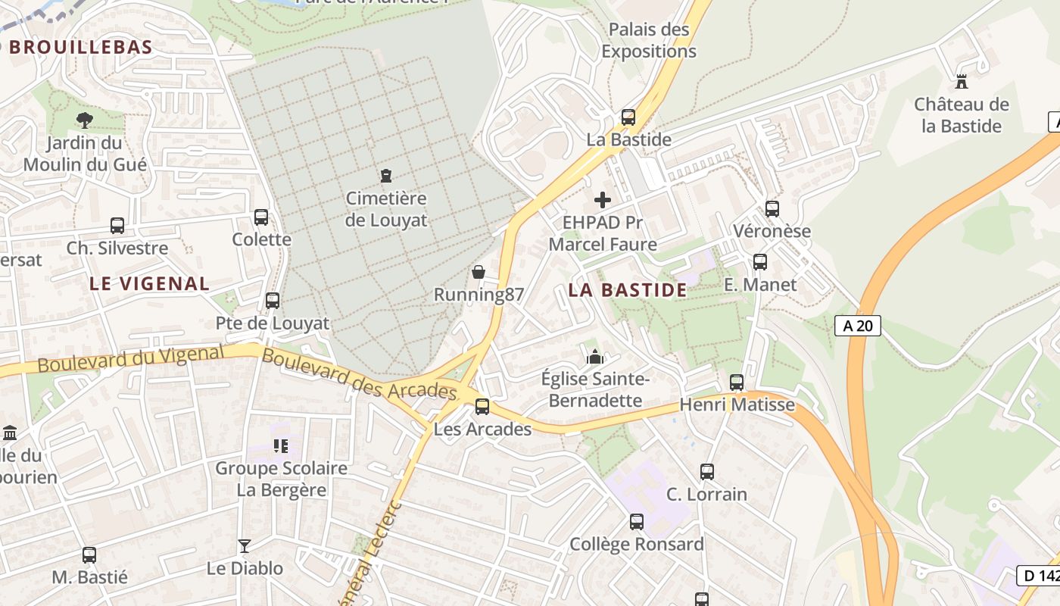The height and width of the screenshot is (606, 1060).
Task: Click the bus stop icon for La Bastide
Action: point(628,117)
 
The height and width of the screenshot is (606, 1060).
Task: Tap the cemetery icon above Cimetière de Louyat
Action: point(386,176)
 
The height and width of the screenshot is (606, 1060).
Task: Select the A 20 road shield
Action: point(858,326)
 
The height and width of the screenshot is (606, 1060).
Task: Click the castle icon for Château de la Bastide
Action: point(962,81)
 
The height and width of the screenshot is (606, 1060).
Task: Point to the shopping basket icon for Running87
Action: point(479,271)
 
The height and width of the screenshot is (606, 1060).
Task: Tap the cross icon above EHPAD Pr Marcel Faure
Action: point(603,200)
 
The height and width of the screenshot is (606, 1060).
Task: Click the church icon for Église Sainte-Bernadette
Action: point(595,355)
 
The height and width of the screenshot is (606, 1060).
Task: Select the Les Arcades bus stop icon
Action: point(482,407)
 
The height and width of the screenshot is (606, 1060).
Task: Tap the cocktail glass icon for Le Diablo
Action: point(245,545)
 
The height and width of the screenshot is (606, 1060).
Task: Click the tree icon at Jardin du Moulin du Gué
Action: point(85,120)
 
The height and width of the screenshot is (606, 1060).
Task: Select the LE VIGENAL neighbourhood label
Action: point(149,284)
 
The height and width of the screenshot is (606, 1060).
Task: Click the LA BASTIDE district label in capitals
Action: point(628,290)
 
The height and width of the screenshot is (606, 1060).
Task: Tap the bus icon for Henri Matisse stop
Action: point(737,383)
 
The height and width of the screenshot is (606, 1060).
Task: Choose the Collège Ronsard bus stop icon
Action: point(637,522)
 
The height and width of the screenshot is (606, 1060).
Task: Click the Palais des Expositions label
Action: point(649,41)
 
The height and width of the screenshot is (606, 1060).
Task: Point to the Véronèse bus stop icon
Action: point(772,208)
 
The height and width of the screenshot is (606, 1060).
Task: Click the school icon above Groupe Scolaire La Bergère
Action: point(281,446)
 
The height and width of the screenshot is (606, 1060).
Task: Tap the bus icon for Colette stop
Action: point(261,217)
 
